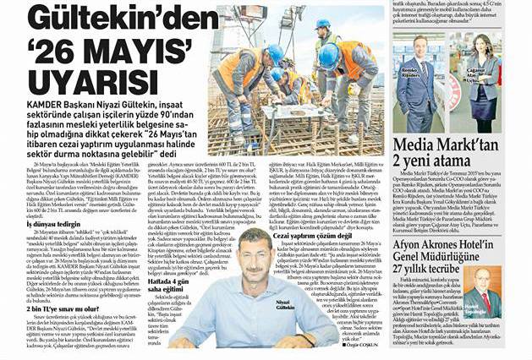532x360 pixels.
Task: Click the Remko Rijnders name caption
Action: click(409, 94)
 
